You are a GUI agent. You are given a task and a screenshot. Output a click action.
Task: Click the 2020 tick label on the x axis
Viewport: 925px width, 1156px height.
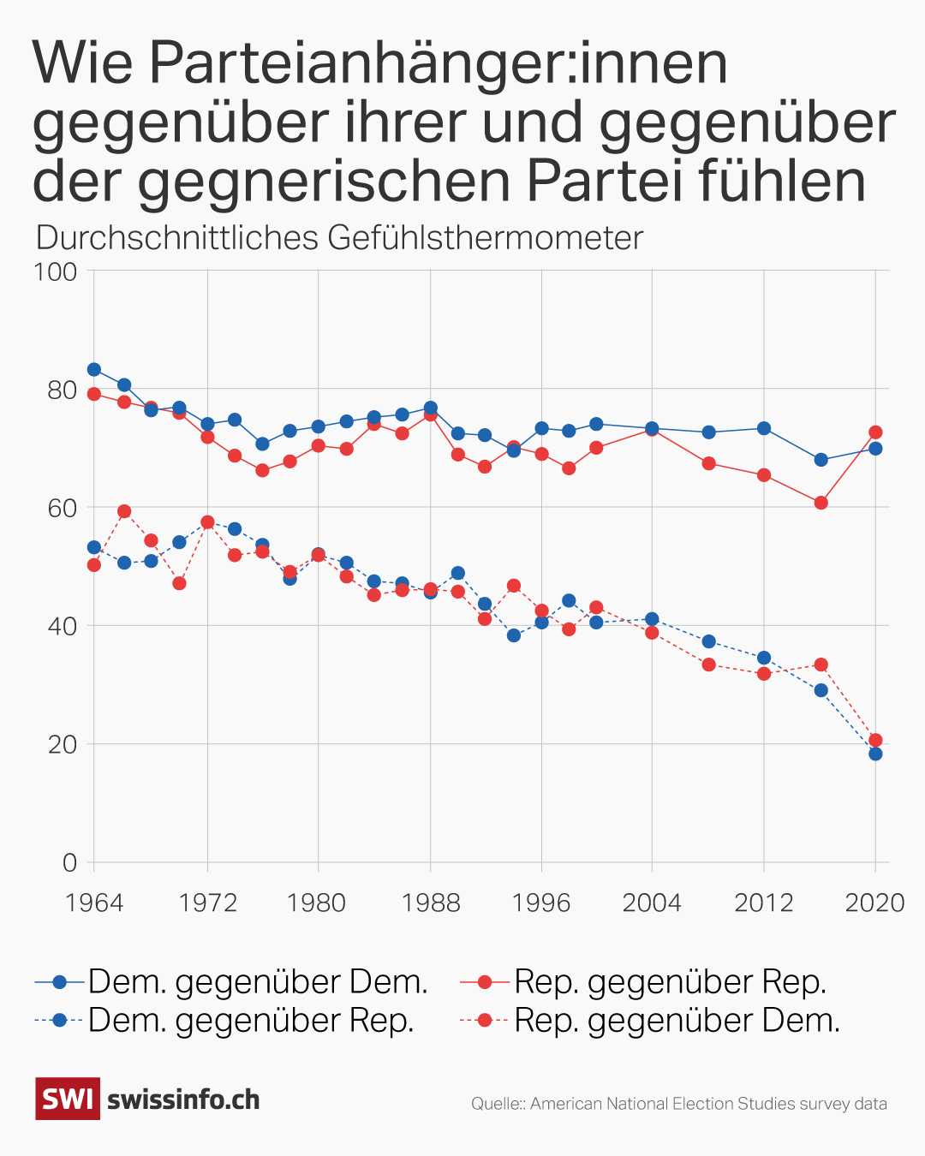point(874,903)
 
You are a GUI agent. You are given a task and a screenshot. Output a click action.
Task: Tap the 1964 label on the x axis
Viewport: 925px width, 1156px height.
point(94,903)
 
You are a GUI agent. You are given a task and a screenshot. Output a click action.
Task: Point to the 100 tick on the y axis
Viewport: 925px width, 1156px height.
point(55,271)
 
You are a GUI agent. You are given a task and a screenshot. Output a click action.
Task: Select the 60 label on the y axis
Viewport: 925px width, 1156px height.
point(62,508)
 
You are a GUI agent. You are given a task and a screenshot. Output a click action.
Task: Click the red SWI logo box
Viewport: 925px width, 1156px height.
point(68,1099)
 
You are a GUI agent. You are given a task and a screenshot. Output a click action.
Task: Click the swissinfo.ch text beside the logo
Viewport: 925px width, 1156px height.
point(183,1099)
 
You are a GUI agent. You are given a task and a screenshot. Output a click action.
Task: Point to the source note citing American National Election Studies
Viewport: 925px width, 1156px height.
point(678,1104)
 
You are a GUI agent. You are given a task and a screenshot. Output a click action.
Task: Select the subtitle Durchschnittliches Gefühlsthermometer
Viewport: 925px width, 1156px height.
point(339,237)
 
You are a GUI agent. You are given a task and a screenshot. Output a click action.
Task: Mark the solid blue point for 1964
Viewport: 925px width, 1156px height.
point(94,370)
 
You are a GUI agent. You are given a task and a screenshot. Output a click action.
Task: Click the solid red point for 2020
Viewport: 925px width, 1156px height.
point(874,432)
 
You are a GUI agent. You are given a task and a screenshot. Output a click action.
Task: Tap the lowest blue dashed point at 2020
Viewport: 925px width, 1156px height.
point(874,754)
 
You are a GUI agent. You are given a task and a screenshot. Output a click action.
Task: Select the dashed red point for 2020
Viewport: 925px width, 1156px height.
point(874,740)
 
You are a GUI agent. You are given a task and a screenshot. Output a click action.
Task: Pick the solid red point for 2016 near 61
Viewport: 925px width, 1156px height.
point(821,503)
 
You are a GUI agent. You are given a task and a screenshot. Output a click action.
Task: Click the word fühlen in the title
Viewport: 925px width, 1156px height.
point(781,181)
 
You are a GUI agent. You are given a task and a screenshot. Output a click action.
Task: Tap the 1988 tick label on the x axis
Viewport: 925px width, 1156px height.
point(430,903)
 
